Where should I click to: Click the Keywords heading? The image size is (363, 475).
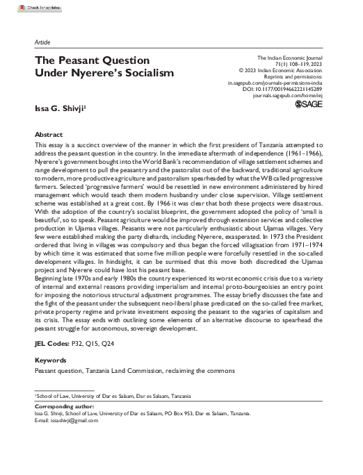click(x=51, y=360)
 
